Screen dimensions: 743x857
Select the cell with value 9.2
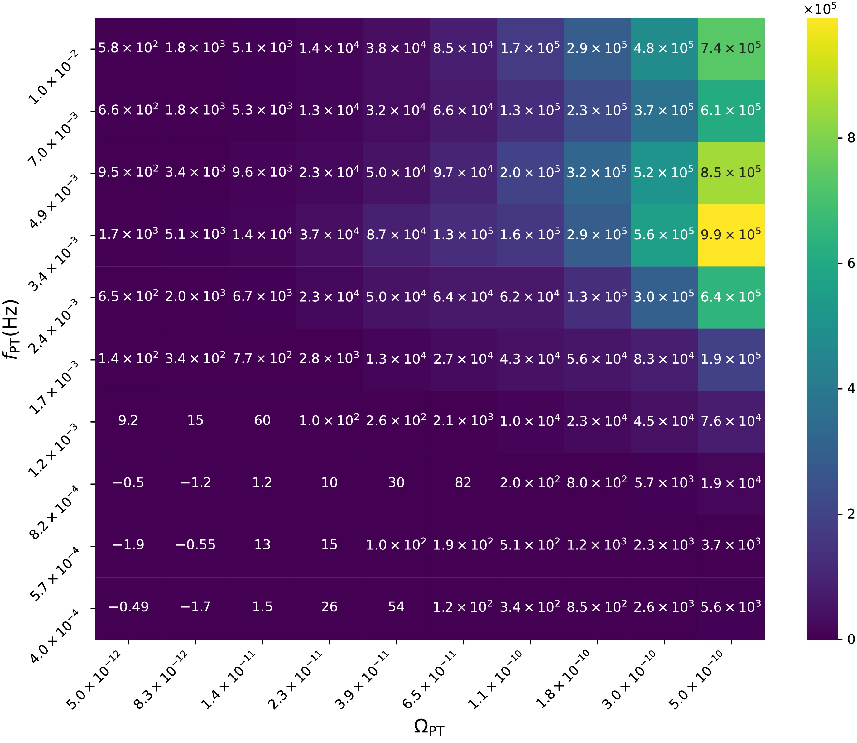coord(128,420)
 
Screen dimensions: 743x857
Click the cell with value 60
coord(262,420)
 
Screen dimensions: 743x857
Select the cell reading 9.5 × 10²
coord(128,172)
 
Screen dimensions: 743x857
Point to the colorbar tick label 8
coord(850,138)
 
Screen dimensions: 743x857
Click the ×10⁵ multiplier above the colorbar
coord(820,9)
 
